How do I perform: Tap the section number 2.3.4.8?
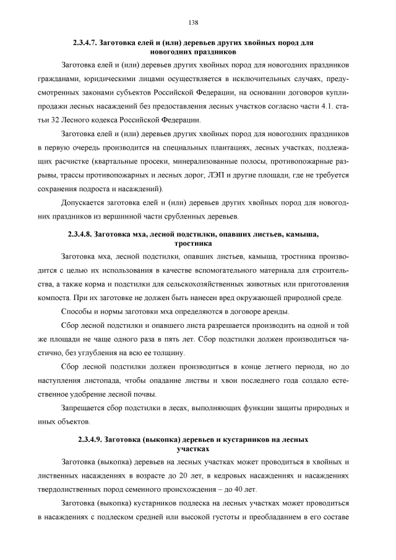pyautogui.click(x=84, y=235)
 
